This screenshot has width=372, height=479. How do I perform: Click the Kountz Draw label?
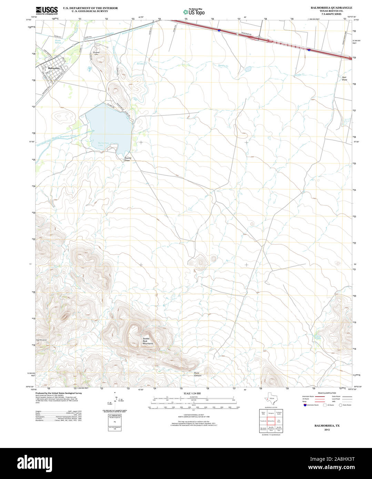coord(128,159)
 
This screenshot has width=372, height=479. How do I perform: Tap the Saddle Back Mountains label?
coord(148,341)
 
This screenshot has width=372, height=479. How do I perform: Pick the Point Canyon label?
coord(197,374)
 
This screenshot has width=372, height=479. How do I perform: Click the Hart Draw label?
coord(344,78)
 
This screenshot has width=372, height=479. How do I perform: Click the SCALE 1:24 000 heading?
coord(192,393)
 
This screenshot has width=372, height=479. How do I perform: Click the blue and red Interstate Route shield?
coord(305,405)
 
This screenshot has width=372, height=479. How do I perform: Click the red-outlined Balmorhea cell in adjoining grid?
coord(271,421)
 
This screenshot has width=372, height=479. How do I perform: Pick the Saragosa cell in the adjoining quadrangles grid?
coord(271,412)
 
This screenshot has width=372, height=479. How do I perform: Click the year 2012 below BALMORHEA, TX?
coord(326,430)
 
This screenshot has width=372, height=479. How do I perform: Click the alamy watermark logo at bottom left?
coord(37,463)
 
